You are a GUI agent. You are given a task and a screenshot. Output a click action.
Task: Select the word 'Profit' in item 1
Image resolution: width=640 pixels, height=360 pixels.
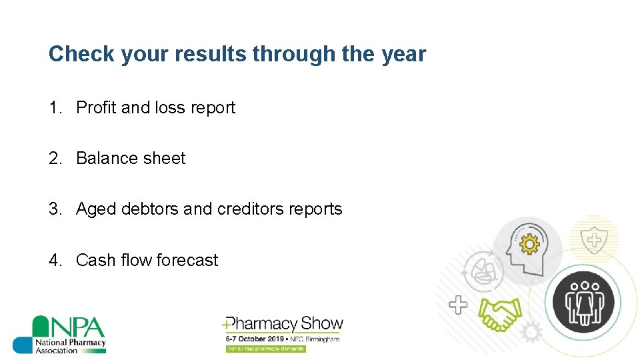pos(96,107)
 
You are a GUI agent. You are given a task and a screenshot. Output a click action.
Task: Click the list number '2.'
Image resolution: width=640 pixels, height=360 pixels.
pos(56,158)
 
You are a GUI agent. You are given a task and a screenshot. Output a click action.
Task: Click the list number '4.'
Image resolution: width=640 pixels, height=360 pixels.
pos(56,260)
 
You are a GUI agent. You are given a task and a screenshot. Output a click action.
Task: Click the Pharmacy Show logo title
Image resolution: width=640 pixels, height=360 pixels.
pos(284,325)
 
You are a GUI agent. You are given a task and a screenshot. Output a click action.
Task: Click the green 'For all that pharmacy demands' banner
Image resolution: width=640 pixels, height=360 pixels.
pos(265,349)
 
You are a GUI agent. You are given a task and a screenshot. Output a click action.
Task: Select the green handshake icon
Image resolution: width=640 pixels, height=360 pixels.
pos(501,313)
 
